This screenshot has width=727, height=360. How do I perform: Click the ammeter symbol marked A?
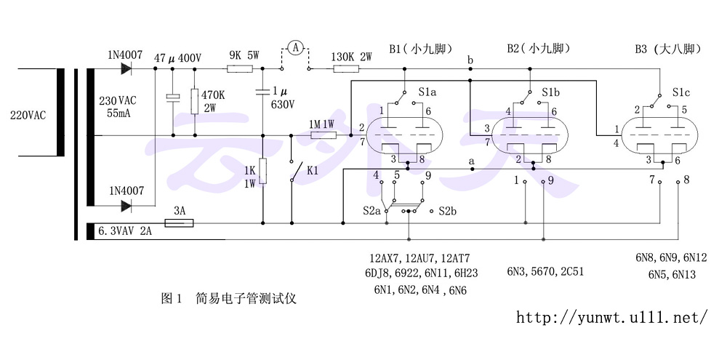[295, 48]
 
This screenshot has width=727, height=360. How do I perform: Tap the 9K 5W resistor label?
[244, 55]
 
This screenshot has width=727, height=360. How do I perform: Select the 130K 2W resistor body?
[345, 69]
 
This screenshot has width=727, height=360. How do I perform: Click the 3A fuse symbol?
[179, 223]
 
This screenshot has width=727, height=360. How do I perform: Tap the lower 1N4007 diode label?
[126, 191]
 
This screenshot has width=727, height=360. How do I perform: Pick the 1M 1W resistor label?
[321, 124]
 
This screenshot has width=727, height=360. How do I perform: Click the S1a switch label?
[428, 93]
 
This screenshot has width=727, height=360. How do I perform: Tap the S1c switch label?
[681, 93]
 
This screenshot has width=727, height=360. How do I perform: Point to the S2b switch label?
[447, 211]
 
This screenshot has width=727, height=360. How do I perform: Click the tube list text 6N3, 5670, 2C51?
[546, 271]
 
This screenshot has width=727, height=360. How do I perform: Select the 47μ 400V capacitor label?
[178, 57]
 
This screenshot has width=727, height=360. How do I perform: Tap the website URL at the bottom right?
[611, 318]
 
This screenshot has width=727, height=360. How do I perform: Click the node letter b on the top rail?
[470, 59]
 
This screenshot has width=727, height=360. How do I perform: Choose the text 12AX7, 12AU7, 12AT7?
[419, 258]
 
